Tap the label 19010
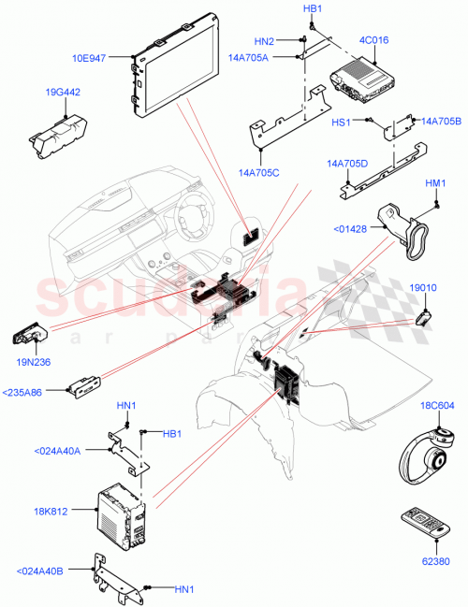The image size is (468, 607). (x=423, y=289)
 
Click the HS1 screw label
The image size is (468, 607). (x=342, y=122)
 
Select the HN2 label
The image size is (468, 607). (x=264, y=41)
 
